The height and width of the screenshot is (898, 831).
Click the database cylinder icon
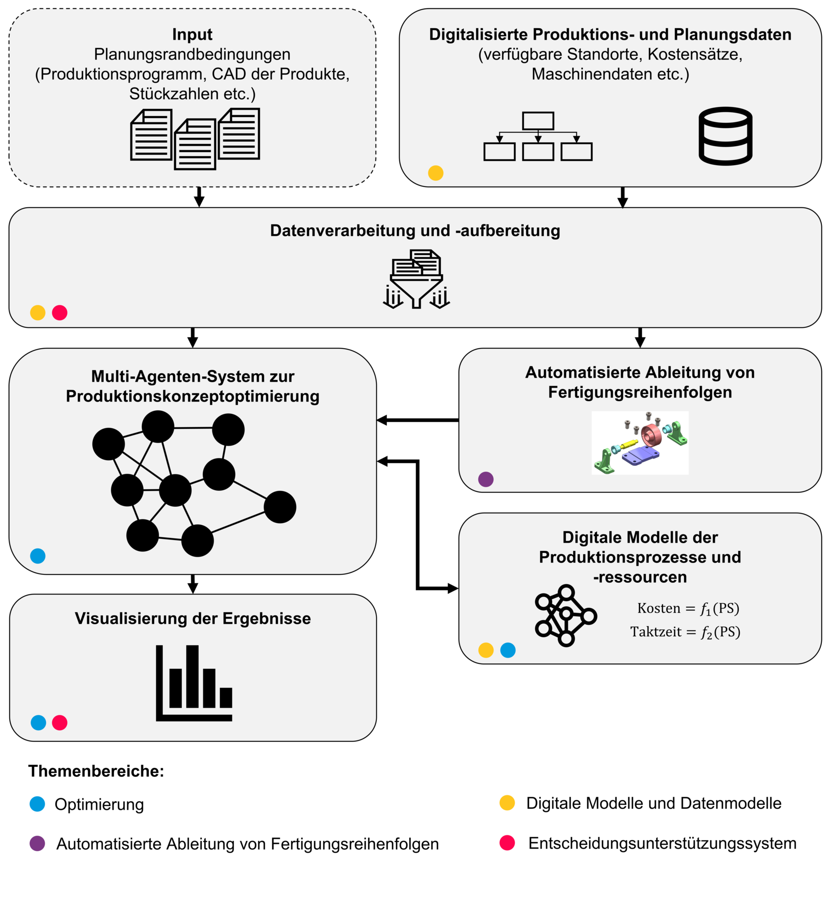click(x=725, y=136)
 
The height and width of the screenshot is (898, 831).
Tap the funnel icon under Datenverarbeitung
click(x=416, y=279)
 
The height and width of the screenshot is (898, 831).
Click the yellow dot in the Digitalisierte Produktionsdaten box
click(x=435, y=173)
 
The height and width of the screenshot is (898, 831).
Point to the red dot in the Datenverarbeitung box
click(x=59, y=313)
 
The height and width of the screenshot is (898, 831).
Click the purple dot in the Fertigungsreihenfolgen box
click(x=486, y=479)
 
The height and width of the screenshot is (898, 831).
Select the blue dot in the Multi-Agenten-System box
click(x=38, y=556)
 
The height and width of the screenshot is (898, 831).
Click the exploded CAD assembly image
click(x=640, y=442)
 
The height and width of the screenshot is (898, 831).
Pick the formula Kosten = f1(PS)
click(x=688, y=608)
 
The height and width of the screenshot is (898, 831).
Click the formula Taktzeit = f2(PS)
click(x=685, y=632)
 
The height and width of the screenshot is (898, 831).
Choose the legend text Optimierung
click(x=99, y=804)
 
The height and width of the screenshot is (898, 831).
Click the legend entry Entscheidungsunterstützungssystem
click(x=662, y=843)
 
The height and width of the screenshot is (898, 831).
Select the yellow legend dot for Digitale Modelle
click(x=507, y=803)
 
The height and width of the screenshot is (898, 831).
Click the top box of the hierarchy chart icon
click(x=538, y=120)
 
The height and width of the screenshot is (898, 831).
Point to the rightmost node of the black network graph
click(x=280, y=507)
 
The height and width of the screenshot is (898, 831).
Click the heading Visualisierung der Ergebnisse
click(x=193, y=618)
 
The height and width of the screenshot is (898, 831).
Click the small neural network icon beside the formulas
click(x=565, y=615)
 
